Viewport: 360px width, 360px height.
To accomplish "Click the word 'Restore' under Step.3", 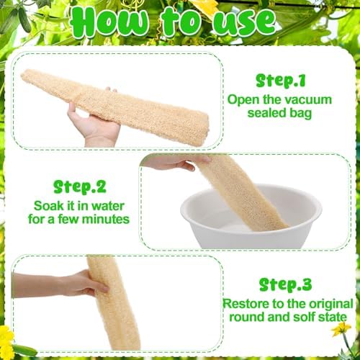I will pyautogui.click(x=248, y=302).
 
